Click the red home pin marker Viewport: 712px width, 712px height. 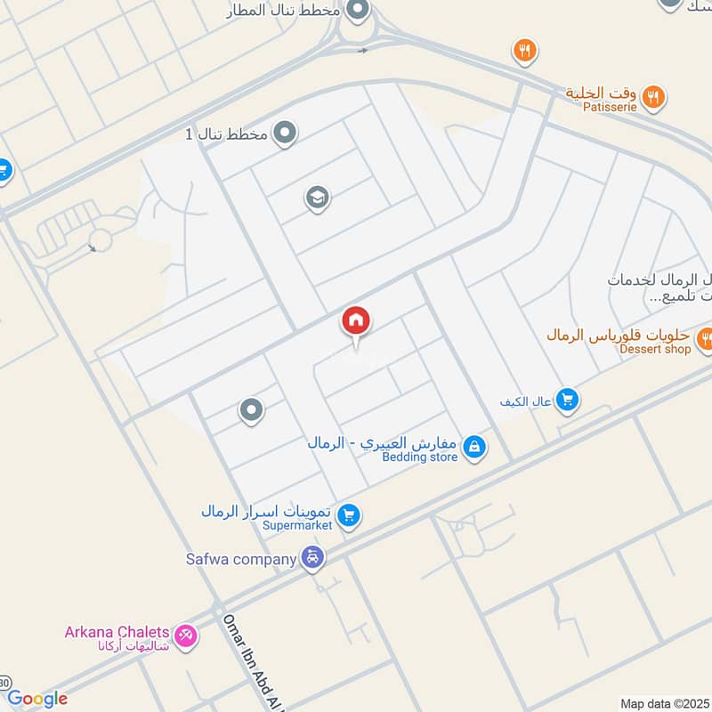tap(356, 321)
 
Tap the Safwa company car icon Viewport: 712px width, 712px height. tap(312, 559)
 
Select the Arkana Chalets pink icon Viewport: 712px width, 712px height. tap(186, 635)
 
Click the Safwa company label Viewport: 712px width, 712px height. tap(240, 559)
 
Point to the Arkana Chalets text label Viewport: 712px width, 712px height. tap(118, 632)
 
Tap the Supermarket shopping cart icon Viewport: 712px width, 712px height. tap(349, 515)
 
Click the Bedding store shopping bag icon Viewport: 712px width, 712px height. tap(474, 446)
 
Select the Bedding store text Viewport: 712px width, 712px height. tap(419, 457)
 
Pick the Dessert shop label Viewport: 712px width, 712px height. tap(655, 349)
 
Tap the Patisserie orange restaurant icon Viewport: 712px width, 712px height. tap(654, 96)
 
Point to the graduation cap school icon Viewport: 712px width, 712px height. tap(317, 198)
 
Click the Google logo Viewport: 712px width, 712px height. tap(37, 699)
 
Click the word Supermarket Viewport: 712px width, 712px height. tap(297, 526)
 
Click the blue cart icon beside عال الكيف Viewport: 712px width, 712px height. tap(567, 401)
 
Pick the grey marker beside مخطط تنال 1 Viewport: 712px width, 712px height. tap(285, 133)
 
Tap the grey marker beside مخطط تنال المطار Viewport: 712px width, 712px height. tap(358, 11)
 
